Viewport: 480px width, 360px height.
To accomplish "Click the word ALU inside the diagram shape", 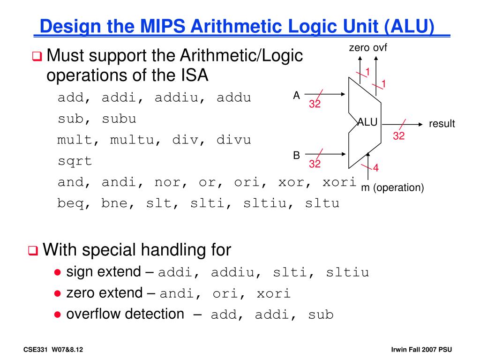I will [x=367, y=122].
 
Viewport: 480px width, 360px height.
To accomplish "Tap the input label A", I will [x=296, y=96].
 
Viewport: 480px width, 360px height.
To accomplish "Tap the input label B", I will [x=296, y=155].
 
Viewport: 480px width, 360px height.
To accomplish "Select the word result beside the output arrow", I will [x=442, y=124].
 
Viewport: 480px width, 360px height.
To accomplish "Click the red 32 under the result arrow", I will [x=398, y=136].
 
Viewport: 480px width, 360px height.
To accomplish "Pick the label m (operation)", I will [x=392, y=188].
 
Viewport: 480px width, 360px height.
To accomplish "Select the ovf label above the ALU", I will [x=380, y=47].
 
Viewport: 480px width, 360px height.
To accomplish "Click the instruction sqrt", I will [x=75, y=161].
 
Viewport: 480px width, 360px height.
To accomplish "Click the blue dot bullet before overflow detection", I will [x=57, y=315].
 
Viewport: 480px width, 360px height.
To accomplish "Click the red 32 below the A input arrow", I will [x=315, y=104].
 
